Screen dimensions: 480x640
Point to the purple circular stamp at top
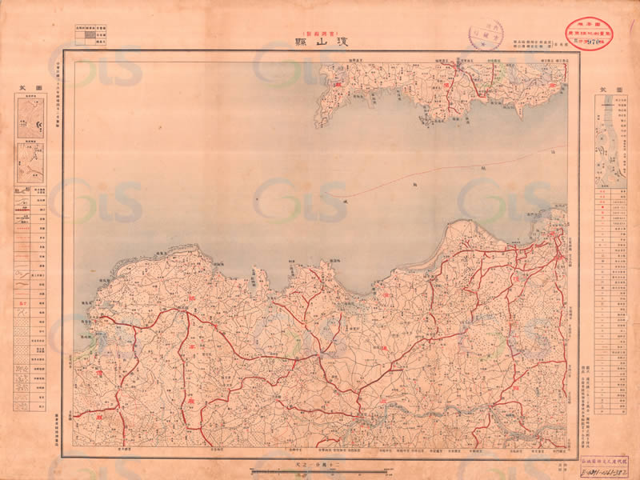485,35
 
